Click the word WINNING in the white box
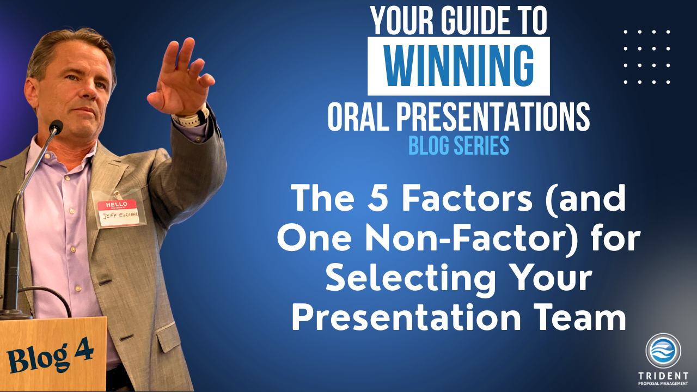tap(459, 66)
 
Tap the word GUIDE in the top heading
tap(474, 21)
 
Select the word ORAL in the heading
tap(358, 117)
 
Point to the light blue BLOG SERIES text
tap(458, 145)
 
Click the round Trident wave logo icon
tap(663, 351)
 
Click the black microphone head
tap(56, 127)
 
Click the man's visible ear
tap(31, 93)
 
